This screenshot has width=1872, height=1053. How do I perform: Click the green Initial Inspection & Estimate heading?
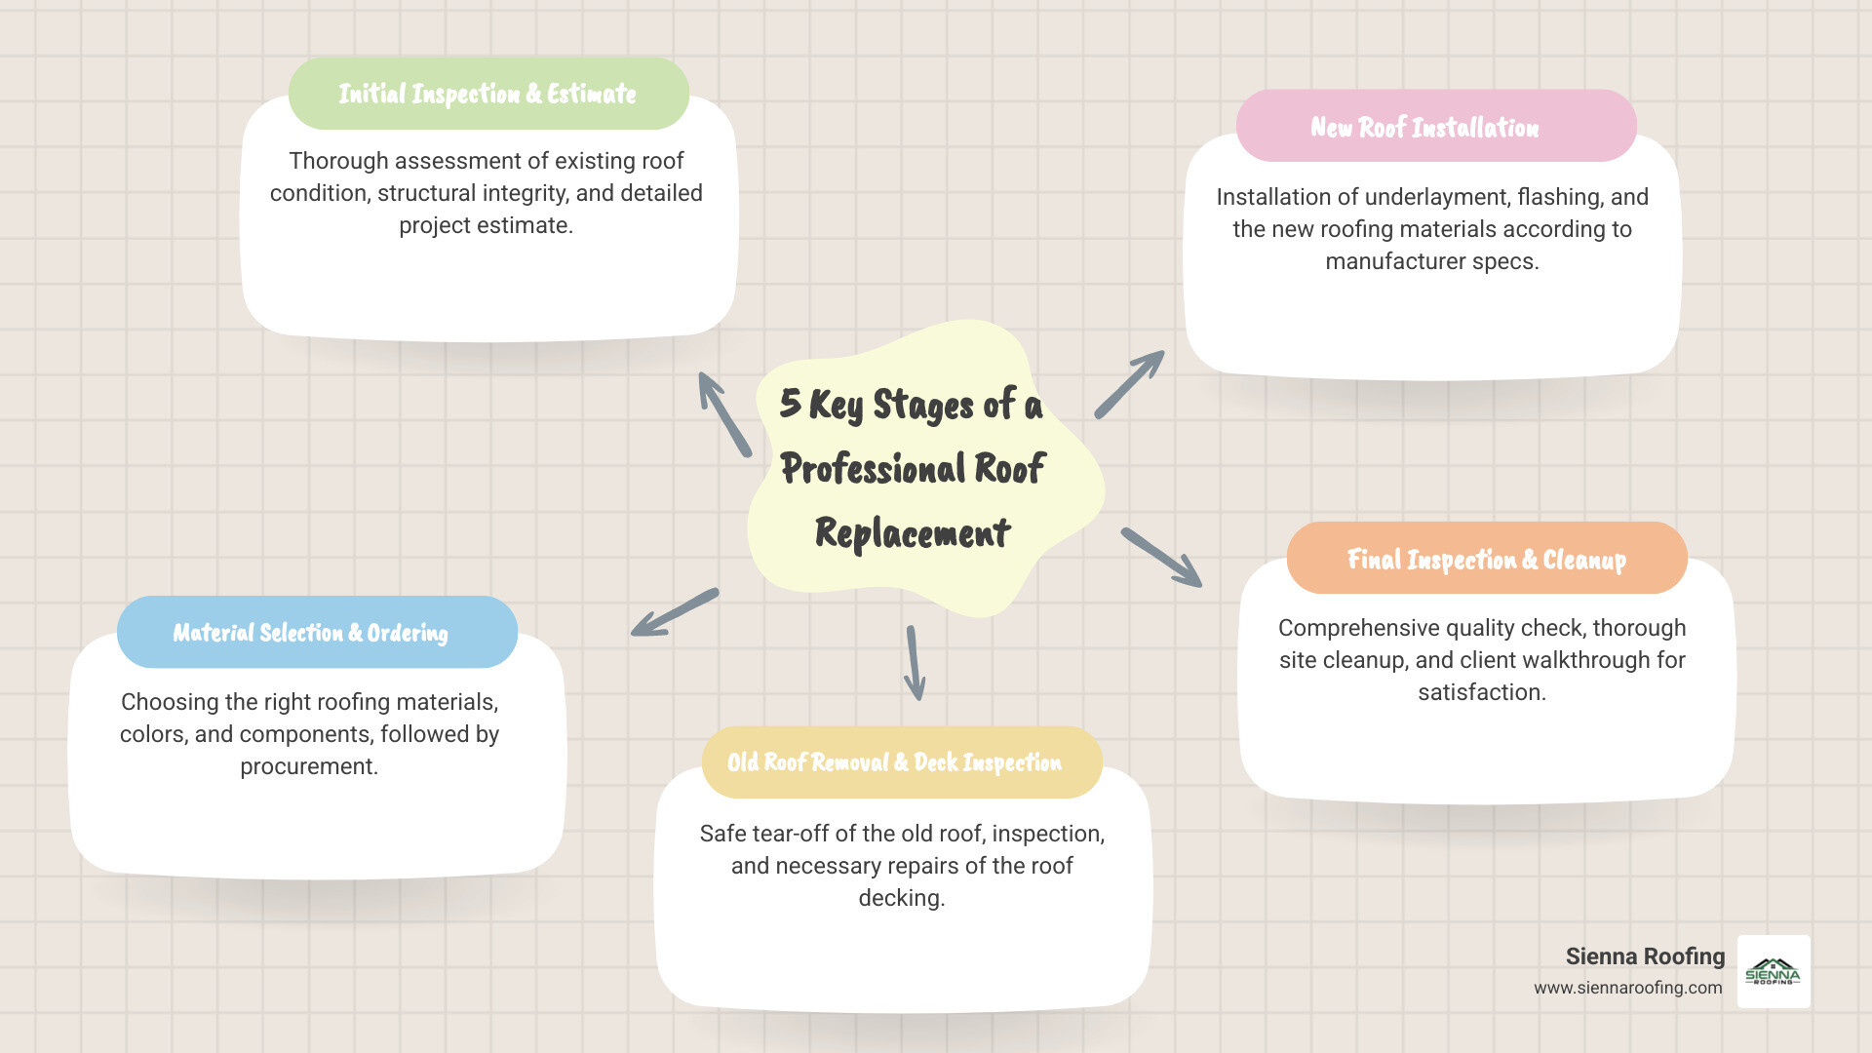point(487,94)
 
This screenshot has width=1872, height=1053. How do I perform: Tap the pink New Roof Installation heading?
point(1424,128)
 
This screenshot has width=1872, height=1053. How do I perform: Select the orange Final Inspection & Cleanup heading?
point(1486,560)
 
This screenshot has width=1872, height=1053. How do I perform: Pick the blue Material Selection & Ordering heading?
point(310,633)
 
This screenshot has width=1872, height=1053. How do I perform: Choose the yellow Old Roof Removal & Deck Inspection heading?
point(894,762)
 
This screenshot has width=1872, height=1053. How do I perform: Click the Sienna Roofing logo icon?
point(1773,971)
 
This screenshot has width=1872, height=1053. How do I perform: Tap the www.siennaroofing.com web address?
point(1627,988)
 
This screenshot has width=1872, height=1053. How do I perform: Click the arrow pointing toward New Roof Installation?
point(1129,385)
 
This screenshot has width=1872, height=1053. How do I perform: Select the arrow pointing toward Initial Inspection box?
point(723,413)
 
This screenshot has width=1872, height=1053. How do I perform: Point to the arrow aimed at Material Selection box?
point(674,613)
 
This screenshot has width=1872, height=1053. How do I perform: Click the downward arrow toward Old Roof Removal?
point(914,663)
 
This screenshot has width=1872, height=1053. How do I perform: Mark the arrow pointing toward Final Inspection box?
point(1161,558)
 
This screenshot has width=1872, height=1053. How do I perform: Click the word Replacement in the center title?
point(912,533)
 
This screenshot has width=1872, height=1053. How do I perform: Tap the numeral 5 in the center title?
point(790,403)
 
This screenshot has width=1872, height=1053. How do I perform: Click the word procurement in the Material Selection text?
point(309,766)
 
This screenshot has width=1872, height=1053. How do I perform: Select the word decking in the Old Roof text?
point(900,898)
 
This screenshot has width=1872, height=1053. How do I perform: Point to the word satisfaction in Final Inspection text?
point(1481,692)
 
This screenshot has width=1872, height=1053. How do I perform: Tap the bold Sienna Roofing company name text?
point(1644,956)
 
